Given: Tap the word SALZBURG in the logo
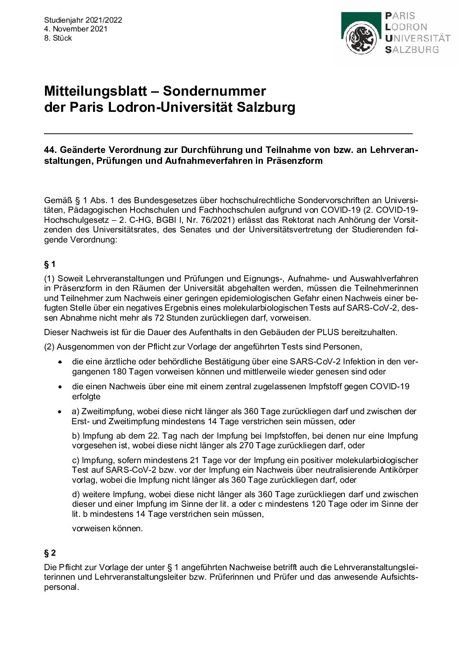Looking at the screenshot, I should point(412,49).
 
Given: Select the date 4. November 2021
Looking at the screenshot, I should point(76,29).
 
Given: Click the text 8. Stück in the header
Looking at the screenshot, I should point(58,38).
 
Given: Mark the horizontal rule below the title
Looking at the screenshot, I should point(228,132).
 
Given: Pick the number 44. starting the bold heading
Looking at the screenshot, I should point(51,150).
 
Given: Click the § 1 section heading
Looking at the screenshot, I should point(50,264).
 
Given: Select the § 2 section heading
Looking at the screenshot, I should point(50,553).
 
